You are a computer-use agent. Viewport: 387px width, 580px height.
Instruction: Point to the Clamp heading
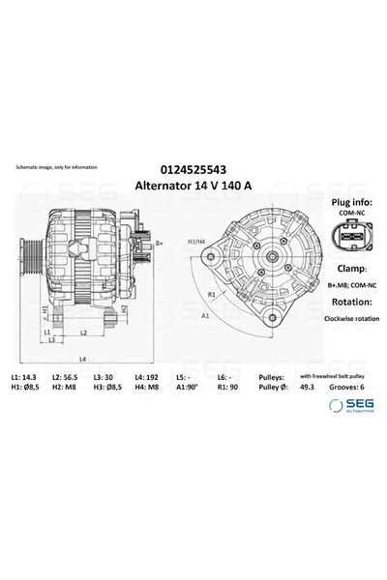coord(344,268)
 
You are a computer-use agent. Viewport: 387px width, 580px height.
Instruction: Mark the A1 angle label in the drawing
coord(204,316)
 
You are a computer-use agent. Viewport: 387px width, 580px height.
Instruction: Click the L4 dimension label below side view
coord(81,359)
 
